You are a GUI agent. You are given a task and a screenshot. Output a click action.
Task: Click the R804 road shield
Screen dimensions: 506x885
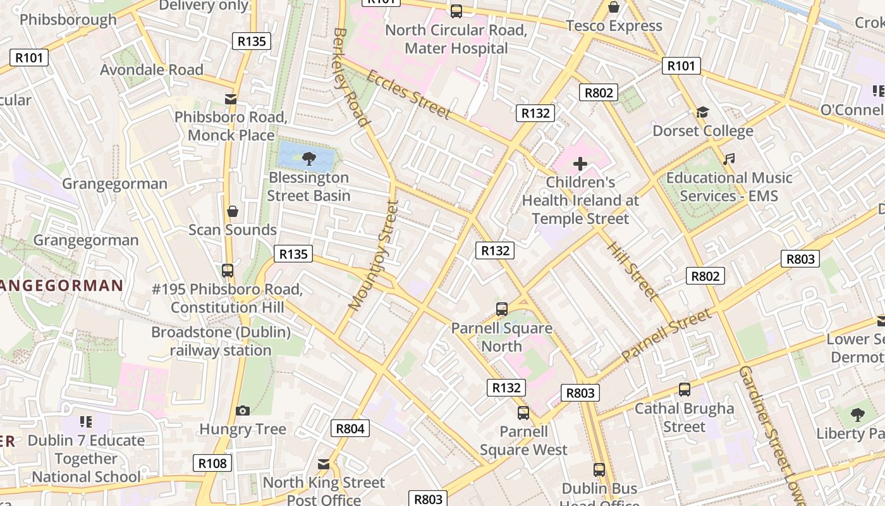(x=350, y=428)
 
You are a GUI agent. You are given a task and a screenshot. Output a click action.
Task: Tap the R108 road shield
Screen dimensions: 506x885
(x=212, y=464)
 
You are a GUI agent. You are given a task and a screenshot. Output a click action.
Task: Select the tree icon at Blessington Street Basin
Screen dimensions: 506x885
(x=309, y=158)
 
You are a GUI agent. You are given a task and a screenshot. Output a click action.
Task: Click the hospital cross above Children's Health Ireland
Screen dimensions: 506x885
(x=580, y=164)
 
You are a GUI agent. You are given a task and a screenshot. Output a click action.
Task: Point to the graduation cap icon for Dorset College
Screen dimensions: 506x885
(x=702, y=113)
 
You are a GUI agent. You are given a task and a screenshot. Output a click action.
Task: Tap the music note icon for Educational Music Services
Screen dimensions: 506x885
(x=729, y=159)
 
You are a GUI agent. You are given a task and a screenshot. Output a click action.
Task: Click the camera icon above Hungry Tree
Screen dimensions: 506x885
(x=243, y=411)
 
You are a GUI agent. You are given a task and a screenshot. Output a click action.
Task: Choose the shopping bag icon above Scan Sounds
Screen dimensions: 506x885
(x=233, y=211)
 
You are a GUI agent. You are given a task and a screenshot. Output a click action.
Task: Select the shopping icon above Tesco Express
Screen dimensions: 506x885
(x=613, y=8)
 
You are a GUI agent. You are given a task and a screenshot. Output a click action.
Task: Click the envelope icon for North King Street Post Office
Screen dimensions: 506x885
(x=324, y=465)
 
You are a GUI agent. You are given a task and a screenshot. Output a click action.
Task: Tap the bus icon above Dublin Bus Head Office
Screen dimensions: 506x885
(x=599, y=470)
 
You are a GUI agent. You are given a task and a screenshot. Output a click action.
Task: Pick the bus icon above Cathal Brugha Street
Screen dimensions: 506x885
(x=684, y=390)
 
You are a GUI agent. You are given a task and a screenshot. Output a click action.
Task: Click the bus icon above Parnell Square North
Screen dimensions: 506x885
(x=501, y=309)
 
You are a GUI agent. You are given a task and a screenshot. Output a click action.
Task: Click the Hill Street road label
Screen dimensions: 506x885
(x=632, y=269)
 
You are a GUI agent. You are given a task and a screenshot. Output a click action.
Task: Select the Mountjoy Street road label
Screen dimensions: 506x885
(x=374, y=256)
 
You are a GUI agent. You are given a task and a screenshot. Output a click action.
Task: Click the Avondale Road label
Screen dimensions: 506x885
(x=152, y=70)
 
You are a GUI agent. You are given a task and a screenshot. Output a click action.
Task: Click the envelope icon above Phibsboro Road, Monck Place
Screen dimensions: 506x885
(x=231, y=99)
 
